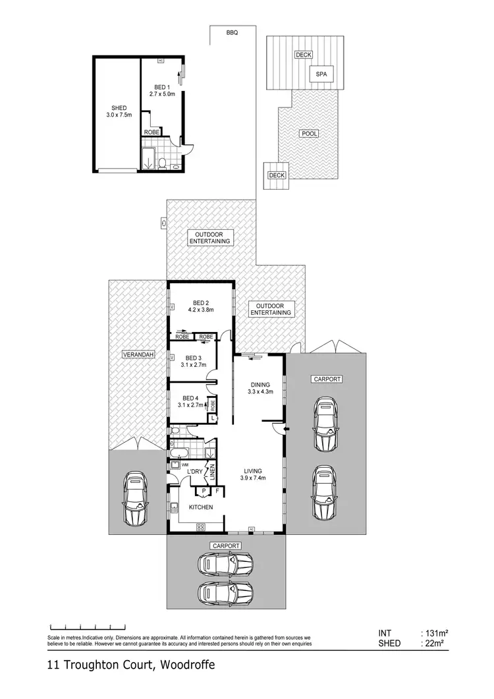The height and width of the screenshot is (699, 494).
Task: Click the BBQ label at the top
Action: tap(232, 32)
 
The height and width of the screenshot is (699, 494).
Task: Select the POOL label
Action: tap(309, 134)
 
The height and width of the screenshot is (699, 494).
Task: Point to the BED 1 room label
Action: tap(162, 91)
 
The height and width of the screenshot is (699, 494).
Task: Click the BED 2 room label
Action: tap(200, 306)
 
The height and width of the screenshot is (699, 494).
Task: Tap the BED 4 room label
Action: tap(190, 401)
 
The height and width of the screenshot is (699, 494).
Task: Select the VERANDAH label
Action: tap(138, 355)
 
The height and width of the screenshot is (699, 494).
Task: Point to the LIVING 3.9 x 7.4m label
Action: tap(253, 474)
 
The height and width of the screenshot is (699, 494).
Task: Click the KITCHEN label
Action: tap(201, 507)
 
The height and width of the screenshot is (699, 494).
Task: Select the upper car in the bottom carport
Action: tap(225, 563)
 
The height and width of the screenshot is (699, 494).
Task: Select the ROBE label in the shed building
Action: tap(151, 132)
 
